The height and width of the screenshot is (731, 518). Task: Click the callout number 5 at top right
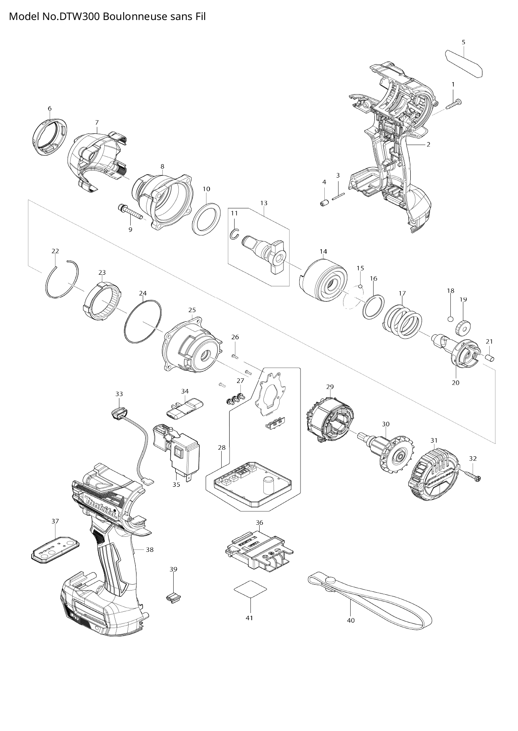point(463,42)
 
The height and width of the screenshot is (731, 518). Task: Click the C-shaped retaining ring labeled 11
point(235,235)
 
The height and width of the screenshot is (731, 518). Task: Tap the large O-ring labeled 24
point(143,321)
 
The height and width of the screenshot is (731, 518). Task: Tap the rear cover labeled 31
point(433,474)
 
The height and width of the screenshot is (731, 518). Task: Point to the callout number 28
point(222,448)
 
